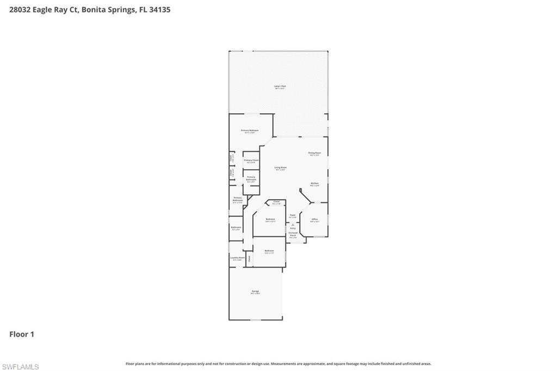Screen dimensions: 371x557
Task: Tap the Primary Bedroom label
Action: click(250, 131)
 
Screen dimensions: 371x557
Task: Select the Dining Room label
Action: click(314, 153)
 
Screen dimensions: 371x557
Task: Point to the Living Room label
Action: click(280, 168)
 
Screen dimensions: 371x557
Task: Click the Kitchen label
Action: click(314, 184)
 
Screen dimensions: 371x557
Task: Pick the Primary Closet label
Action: click(251, 161)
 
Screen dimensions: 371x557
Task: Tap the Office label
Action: click(314, 220)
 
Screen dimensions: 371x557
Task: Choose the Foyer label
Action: click(292, 215)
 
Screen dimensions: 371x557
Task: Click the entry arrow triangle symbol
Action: click(293, 224)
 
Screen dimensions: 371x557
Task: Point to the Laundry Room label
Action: click(237, 258)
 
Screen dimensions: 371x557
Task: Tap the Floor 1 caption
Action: click(22, 335)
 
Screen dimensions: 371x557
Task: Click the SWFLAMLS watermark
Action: click(20, 367)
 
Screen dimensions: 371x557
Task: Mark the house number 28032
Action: click(20, 9)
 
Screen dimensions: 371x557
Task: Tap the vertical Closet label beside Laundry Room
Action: click(250, 259)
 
